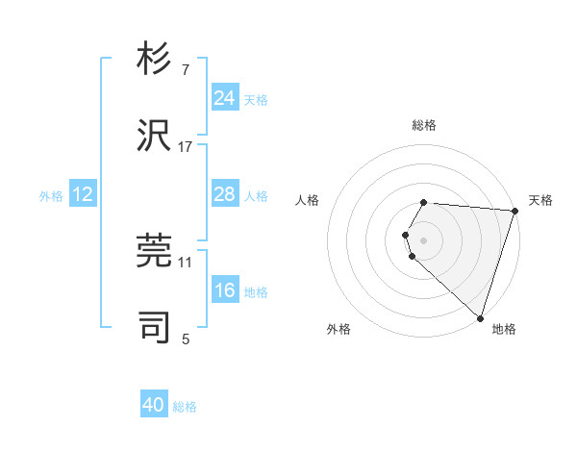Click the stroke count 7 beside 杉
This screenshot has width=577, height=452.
point(186,71)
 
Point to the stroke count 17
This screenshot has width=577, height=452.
point(186,146)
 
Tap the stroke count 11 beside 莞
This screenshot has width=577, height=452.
point(186,262)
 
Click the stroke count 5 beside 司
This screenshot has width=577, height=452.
point(186,339)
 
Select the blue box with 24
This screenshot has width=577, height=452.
point(225,98)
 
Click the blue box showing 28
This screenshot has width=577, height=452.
point(225,194)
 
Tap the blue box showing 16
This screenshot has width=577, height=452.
point(225,290)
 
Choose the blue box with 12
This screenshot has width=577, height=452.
point(83,194)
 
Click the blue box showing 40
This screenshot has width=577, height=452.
point(154,405)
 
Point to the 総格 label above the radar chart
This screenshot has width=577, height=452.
point(424,126)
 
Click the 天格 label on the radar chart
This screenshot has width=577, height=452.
point(540,200)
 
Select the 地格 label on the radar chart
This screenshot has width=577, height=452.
point(504,329)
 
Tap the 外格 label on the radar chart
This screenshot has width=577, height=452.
point(339,329)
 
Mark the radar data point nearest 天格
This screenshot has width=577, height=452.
point(514,211)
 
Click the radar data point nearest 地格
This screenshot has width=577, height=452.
point(480,317)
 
